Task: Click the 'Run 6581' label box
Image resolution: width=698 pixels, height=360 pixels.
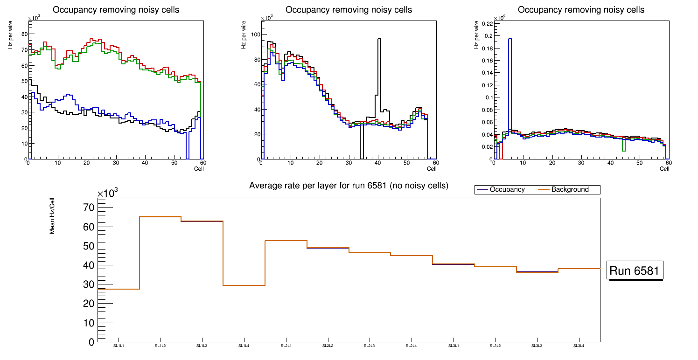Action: [635, 270]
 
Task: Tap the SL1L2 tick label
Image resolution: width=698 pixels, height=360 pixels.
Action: [161, 346]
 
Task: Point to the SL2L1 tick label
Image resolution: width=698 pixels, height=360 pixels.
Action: [286, 346]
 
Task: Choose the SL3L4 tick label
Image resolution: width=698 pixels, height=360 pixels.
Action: [579, 346]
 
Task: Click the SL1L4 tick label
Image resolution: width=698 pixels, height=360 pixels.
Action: [244, 346]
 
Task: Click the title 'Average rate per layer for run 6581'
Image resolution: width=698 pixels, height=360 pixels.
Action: [349, 186]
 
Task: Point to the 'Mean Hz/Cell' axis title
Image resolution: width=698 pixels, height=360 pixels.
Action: [52, 215]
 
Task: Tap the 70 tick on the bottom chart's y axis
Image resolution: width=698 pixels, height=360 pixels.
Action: [89, 207]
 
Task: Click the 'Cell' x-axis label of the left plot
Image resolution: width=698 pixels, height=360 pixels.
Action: [199, 169]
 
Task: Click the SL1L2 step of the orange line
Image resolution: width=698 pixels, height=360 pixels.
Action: [161, 216]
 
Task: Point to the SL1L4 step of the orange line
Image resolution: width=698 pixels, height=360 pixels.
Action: [244, 285]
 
